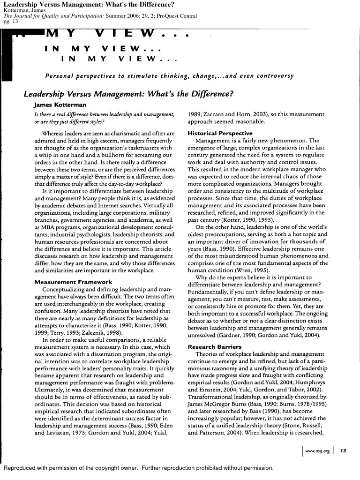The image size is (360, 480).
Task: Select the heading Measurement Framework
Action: click(74, 282)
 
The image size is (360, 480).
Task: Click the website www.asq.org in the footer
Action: click(318, 451)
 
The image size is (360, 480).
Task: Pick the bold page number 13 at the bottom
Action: click(343, 451)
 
